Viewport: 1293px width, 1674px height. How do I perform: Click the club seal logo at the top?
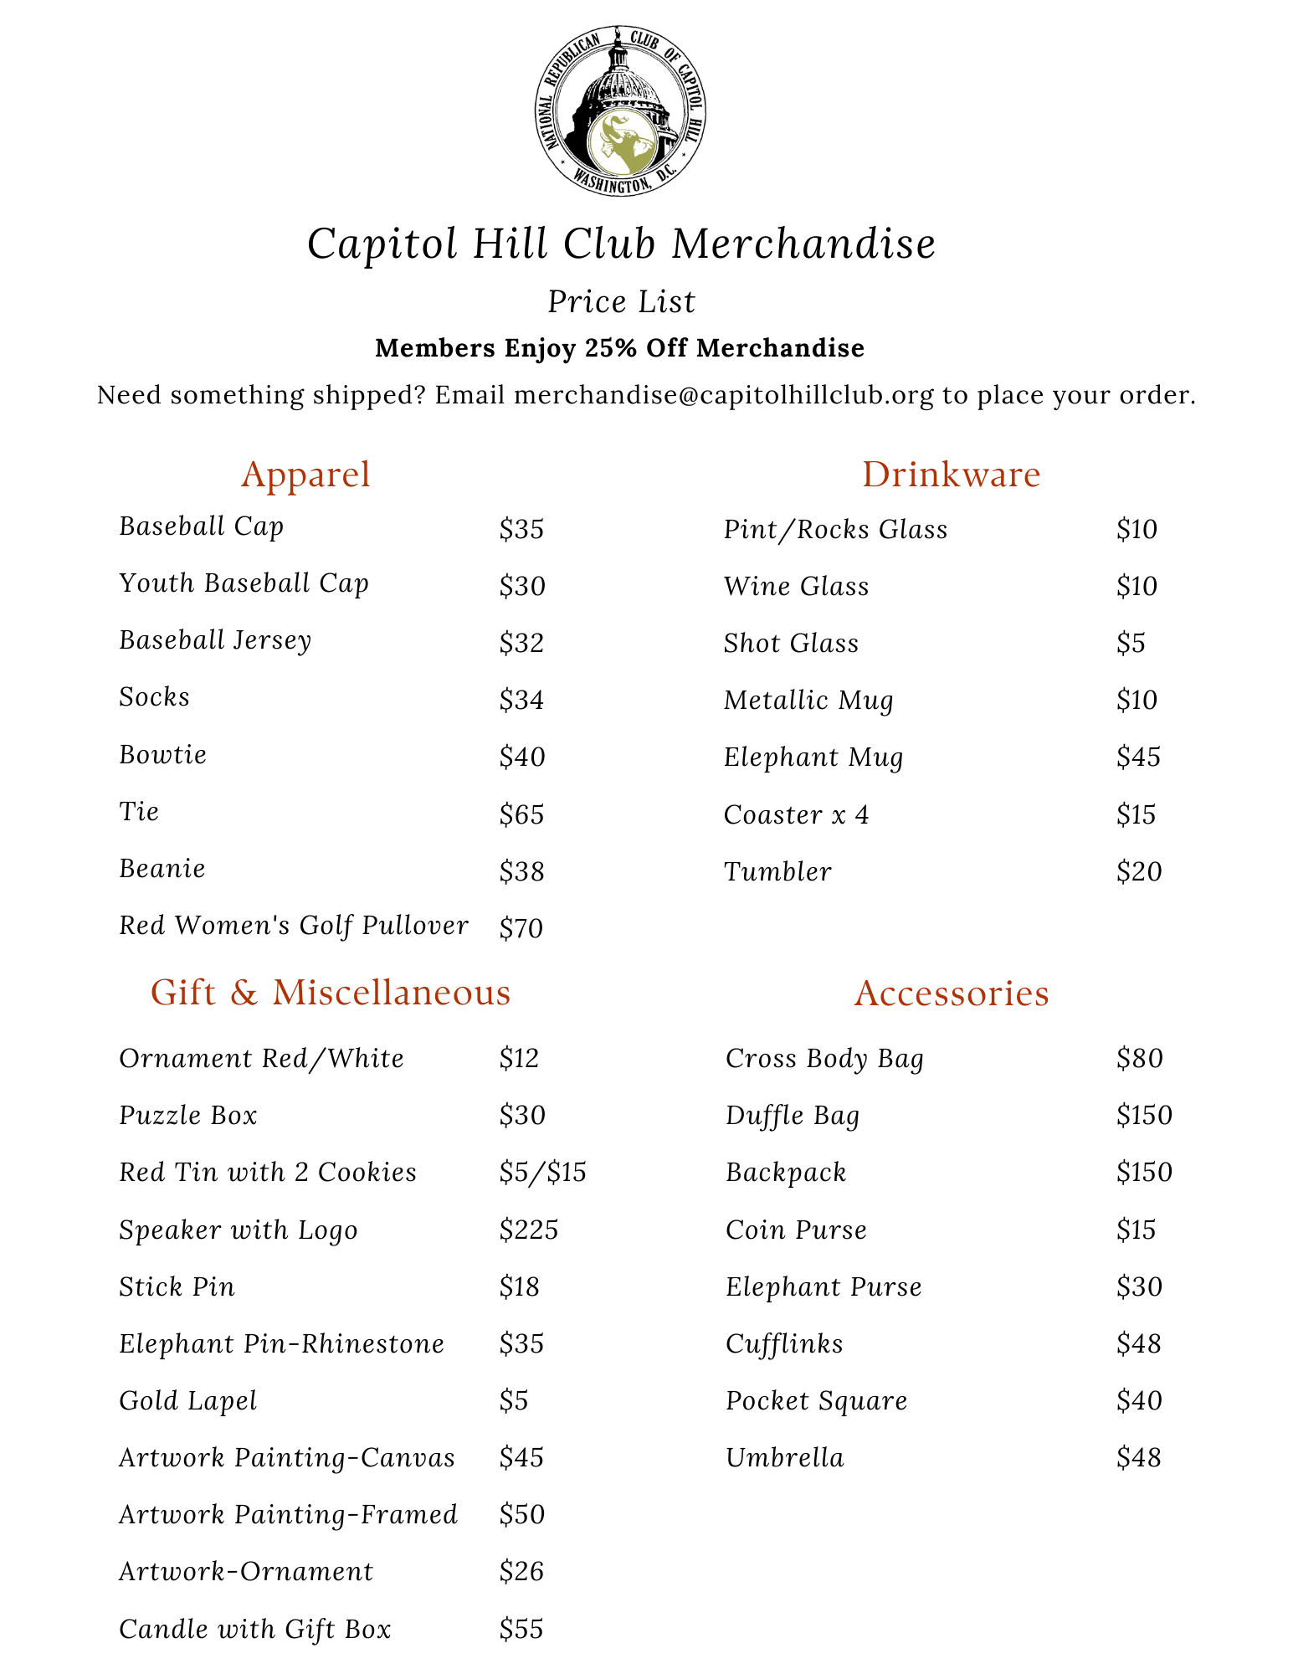[x=620, y=111]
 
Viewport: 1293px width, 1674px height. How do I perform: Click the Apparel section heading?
[x=305, y=475]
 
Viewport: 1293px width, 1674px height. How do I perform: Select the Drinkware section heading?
[x=951, y=475]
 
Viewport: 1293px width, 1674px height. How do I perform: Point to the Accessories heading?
[x=952, y=994]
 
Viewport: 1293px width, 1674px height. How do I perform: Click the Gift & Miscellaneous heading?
[x=331, y=993]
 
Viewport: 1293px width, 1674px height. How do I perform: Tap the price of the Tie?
[x=521, y=814]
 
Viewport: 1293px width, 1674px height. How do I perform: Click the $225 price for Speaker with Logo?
[x=528, y=1230]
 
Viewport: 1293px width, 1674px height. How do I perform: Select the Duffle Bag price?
[x=1144, y=1116]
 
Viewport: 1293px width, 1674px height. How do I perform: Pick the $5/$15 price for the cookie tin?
[x=542, y=1173]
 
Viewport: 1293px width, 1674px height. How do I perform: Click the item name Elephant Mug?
[x=813, y=757]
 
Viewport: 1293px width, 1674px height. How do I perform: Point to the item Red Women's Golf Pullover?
[x=293, y=926]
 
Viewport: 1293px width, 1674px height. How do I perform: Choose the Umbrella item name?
[x=785, y=1458]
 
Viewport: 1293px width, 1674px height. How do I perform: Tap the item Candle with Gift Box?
[x=255, y=1629]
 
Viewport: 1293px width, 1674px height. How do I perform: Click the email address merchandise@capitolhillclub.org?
[x=724, y=395]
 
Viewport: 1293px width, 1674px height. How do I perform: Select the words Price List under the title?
[x=621, y=302]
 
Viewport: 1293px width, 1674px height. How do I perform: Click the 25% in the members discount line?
[x=613, y=348]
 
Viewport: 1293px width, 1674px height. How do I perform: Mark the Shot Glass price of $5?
[x=1131, y=644]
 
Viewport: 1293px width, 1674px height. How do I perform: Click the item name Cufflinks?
[x=784, y=1344]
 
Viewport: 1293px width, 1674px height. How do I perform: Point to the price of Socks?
[x=521, y=700]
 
